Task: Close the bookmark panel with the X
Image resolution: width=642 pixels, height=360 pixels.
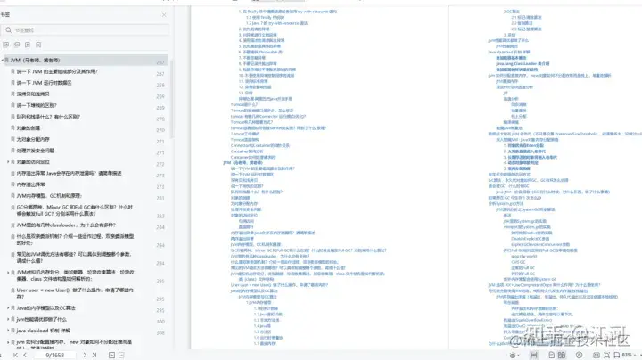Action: [163, 14]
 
